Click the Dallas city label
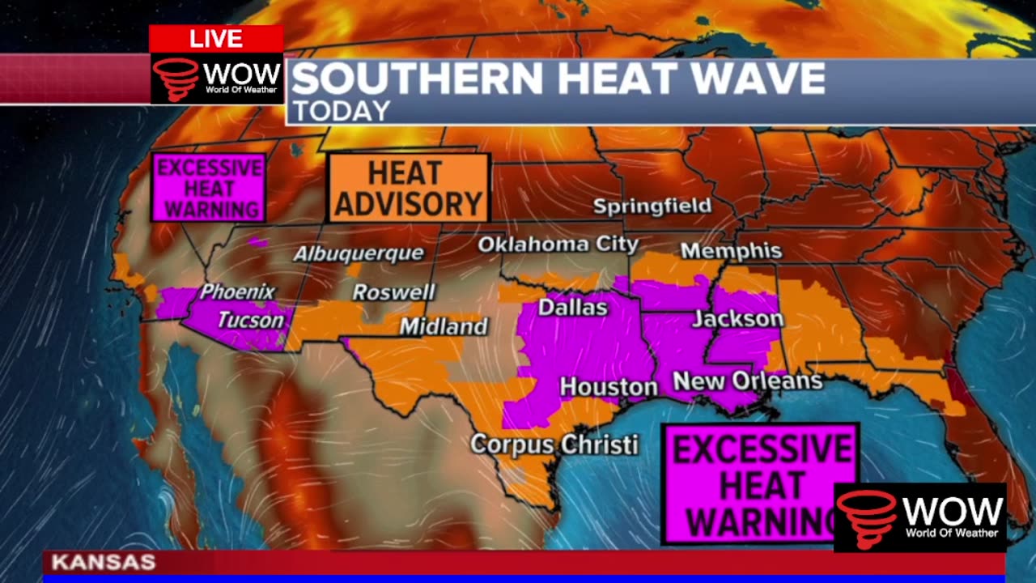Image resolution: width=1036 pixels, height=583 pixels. pyautogui.click(x=572, y=308)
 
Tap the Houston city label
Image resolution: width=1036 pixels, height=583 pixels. pyautogui.click(x=609, y=387)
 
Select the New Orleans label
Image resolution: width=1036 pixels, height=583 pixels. pyautogui.click(x=747, y=381)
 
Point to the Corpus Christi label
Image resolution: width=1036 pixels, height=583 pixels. pyautogui.click(x=554, y=445)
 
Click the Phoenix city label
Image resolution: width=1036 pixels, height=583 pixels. pyautogui.click(x=237, y=291)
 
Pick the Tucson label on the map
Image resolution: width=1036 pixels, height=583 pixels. pyautogui.click(x=251, y=320)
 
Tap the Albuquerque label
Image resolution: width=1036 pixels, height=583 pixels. pyautogui.click(x=358, y=253)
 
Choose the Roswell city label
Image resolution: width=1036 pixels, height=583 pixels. pyautogui.click(x=393, y=292)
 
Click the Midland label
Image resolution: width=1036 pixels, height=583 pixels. pyautogui.click(x=444, y=327)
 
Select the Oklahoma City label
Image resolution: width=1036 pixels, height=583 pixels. pyautogui.click(x=558, y=244)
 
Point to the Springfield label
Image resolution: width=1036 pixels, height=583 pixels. pyautogui.click(x=652, y=206)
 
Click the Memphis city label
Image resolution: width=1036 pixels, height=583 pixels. pyautogui.click(x=731, y=251)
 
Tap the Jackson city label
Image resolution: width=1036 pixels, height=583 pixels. pyautogui.click(x=737, y=319)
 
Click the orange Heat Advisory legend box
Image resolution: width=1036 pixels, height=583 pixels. pyautogui.click(x=408, y=189)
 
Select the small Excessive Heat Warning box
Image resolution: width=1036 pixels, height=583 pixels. pyautogui.click(x=209, y=188)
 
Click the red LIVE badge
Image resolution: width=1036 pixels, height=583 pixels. pyautogui.click(x=215, y=38)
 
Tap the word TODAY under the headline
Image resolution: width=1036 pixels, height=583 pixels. pyautogui.click(x=341, y=111)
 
